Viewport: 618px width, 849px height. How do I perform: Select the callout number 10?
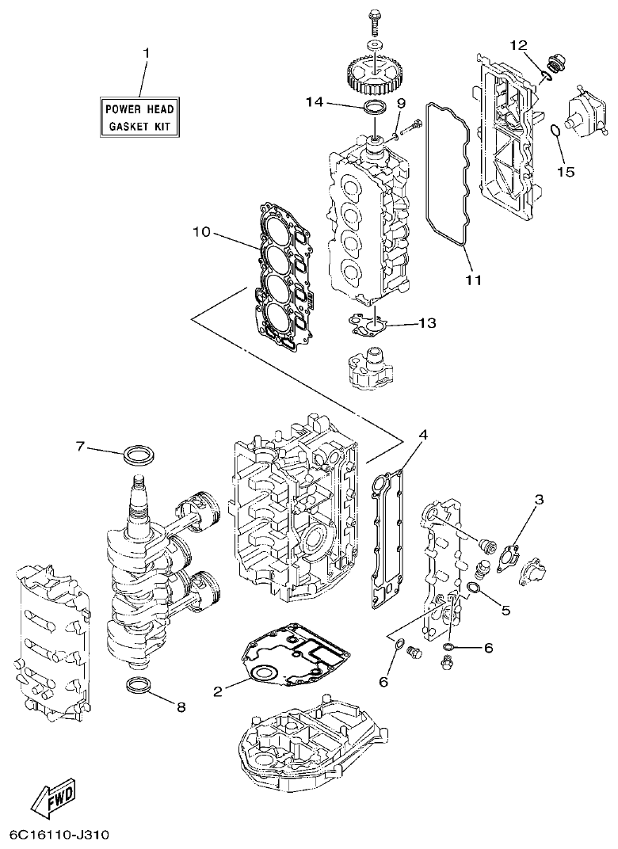coord(200,232)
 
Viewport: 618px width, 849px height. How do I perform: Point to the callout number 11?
coord(473,280)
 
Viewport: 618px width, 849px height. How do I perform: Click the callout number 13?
coord(427,323)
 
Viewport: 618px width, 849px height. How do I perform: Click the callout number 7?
coord(80,447)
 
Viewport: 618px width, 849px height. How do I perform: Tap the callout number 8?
coord(181,706)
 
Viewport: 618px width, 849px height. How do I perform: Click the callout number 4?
coord(423,435)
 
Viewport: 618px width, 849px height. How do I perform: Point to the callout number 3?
coord(539,499)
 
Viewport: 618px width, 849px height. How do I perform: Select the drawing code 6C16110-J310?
coord(59,836)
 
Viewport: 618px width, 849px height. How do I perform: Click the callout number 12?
coord(517,44)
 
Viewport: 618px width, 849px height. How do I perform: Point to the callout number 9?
coord(401,103)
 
